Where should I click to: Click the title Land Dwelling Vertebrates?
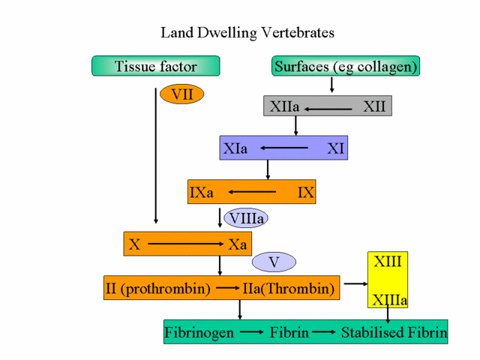(247, 33)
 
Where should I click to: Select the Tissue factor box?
(156, 66)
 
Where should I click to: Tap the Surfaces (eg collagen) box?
(345, 66)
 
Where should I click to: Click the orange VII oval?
(182, 94)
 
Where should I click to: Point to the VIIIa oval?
(246, 218)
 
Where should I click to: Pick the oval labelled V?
(274, 262)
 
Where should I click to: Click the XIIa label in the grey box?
(284, 106)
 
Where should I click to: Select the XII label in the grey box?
(374, 106)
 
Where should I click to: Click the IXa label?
(202, 192)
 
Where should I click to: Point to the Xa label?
(238, 244)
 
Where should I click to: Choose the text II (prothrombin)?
(157, 288)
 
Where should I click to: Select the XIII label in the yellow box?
(388, 262)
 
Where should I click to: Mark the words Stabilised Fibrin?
(394, 331)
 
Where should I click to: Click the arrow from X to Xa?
(184, 244)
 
